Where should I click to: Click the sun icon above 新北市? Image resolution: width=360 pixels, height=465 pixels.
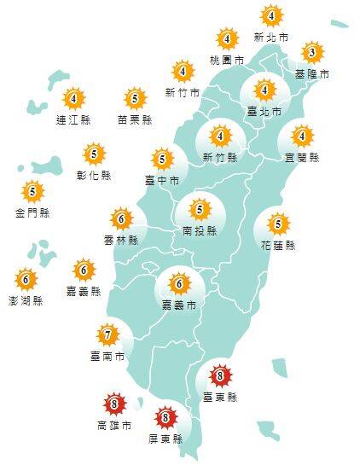(x=271, y=16)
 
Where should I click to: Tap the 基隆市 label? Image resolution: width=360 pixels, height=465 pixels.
(x=313, y=74)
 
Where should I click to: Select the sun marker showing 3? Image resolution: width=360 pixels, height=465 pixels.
(x=313, y=54)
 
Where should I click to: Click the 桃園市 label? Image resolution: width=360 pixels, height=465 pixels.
(x=227, y=61)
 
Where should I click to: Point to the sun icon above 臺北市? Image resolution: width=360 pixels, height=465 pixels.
(x=264, y=90)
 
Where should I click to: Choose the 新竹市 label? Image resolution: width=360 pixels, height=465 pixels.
(x=183, y=92)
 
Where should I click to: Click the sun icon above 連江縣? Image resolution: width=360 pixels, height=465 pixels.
(x=73, y=98)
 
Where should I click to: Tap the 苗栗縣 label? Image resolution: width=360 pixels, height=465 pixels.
(x=134, y=120)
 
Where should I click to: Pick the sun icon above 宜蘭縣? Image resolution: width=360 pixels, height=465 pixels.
(x=301, y=137)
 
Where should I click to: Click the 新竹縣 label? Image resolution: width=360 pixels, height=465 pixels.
(x=221, y=157)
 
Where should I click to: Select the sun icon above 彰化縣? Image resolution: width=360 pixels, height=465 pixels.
(x=95, y=154)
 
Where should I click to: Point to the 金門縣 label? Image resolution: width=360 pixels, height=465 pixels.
(x=32, y=212)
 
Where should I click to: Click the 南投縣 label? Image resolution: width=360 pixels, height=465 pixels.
(x=200, y=230)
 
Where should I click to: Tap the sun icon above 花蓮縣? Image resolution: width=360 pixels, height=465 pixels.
(x=277, y=224)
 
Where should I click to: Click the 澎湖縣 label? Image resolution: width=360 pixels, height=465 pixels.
(x=26, y=300)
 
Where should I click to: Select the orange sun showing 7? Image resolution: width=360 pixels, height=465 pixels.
(x=108, y=334)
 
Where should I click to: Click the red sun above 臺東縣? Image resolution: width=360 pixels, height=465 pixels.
(x=220, y=374)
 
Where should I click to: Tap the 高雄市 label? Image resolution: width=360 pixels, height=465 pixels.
(x=114, y=424)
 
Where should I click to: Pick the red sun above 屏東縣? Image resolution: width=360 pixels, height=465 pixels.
(x=165, y=419)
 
